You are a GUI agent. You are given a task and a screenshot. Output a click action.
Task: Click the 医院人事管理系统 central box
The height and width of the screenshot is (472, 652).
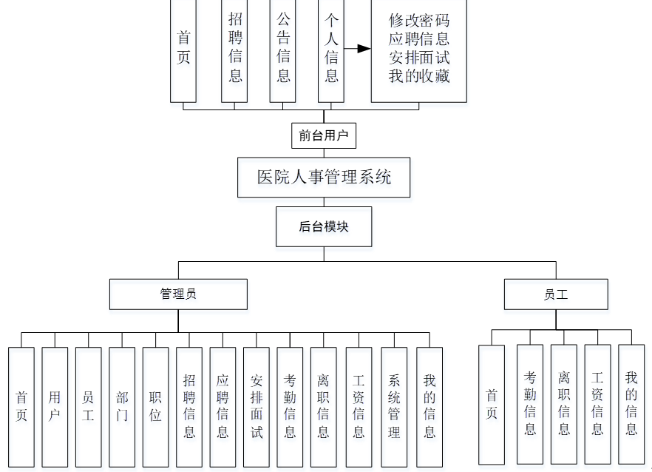point(324,177)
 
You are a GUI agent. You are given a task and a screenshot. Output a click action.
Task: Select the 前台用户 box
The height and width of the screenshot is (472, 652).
point(324,135)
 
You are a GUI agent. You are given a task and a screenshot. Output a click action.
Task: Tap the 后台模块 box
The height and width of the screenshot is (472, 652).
point(324,226)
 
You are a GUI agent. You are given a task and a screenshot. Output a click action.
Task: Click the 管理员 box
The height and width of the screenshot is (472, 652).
point(178,294)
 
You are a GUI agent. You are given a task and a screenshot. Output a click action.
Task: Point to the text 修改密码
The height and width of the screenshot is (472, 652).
point(419,21)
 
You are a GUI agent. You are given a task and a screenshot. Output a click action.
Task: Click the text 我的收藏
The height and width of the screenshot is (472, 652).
point(419,75)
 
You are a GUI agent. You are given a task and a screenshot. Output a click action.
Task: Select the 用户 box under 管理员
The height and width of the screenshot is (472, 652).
point(55,406)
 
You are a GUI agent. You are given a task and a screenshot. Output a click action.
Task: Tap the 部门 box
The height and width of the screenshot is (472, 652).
point(122,406)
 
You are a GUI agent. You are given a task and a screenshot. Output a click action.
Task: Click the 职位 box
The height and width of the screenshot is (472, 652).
point(155,406)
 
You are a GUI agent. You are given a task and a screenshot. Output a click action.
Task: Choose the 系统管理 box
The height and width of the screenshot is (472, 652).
point(394,406)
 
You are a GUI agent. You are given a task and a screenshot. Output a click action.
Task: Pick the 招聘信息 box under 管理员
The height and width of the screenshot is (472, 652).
point(189,406)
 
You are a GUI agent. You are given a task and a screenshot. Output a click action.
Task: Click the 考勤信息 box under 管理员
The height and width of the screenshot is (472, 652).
point(290,406)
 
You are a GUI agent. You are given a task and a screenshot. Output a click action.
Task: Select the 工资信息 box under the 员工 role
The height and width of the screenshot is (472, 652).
point(597,404)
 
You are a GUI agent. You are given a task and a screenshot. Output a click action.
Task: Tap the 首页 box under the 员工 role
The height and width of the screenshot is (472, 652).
point(492,404)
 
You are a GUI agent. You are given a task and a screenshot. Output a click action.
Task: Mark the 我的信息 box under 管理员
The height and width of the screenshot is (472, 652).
point(429,406)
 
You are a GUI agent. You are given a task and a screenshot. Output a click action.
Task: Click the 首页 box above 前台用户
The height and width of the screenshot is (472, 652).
point(183,48)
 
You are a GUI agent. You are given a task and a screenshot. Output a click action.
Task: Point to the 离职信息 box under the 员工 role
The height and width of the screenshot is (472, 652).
point(564,404)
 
